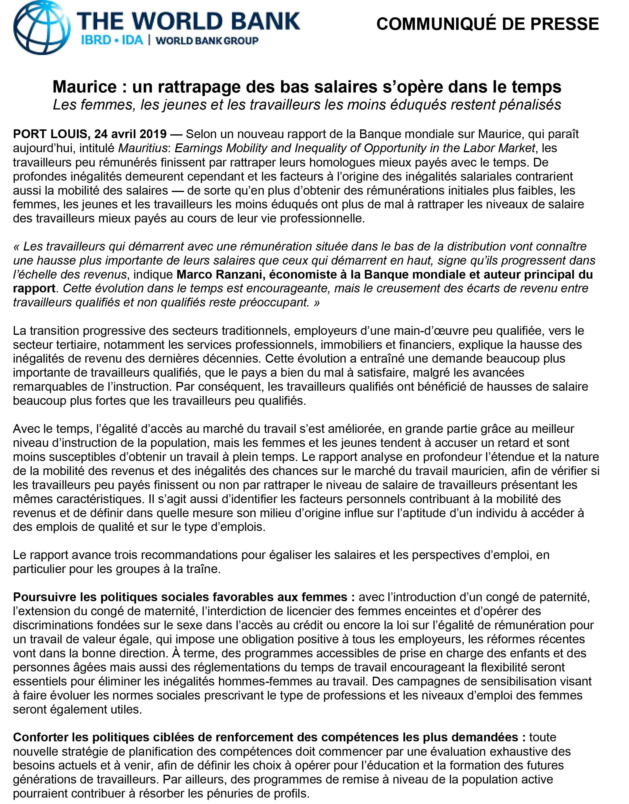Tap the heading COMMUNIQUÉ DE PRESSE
(488, 24)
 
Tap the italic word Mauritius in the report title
(144, 148)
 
